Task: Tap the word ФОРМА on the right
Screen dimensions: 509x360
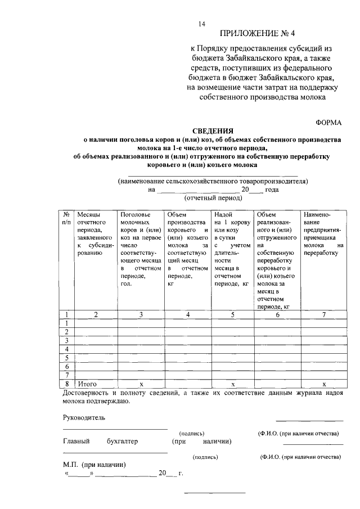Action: (x=329, y=123)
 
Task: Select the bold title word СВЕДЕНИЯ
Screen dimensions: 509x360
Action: (x=213, y=130)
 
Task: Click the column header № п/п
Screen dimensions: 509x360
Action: (x=67, y=218)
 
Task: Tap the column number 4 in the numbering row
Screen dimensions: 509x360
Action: (x=188, y=314)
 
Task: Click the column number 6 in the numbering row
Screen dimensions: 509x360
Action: (x=277, y=314)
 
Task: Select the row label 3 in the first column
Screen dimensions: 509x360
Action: (x=67, y=341)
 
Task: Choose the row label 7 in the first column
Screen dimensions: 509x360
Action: (x=67, y=375)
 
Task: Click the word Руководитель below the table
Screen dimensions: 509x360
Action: (x=84, y=417)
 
